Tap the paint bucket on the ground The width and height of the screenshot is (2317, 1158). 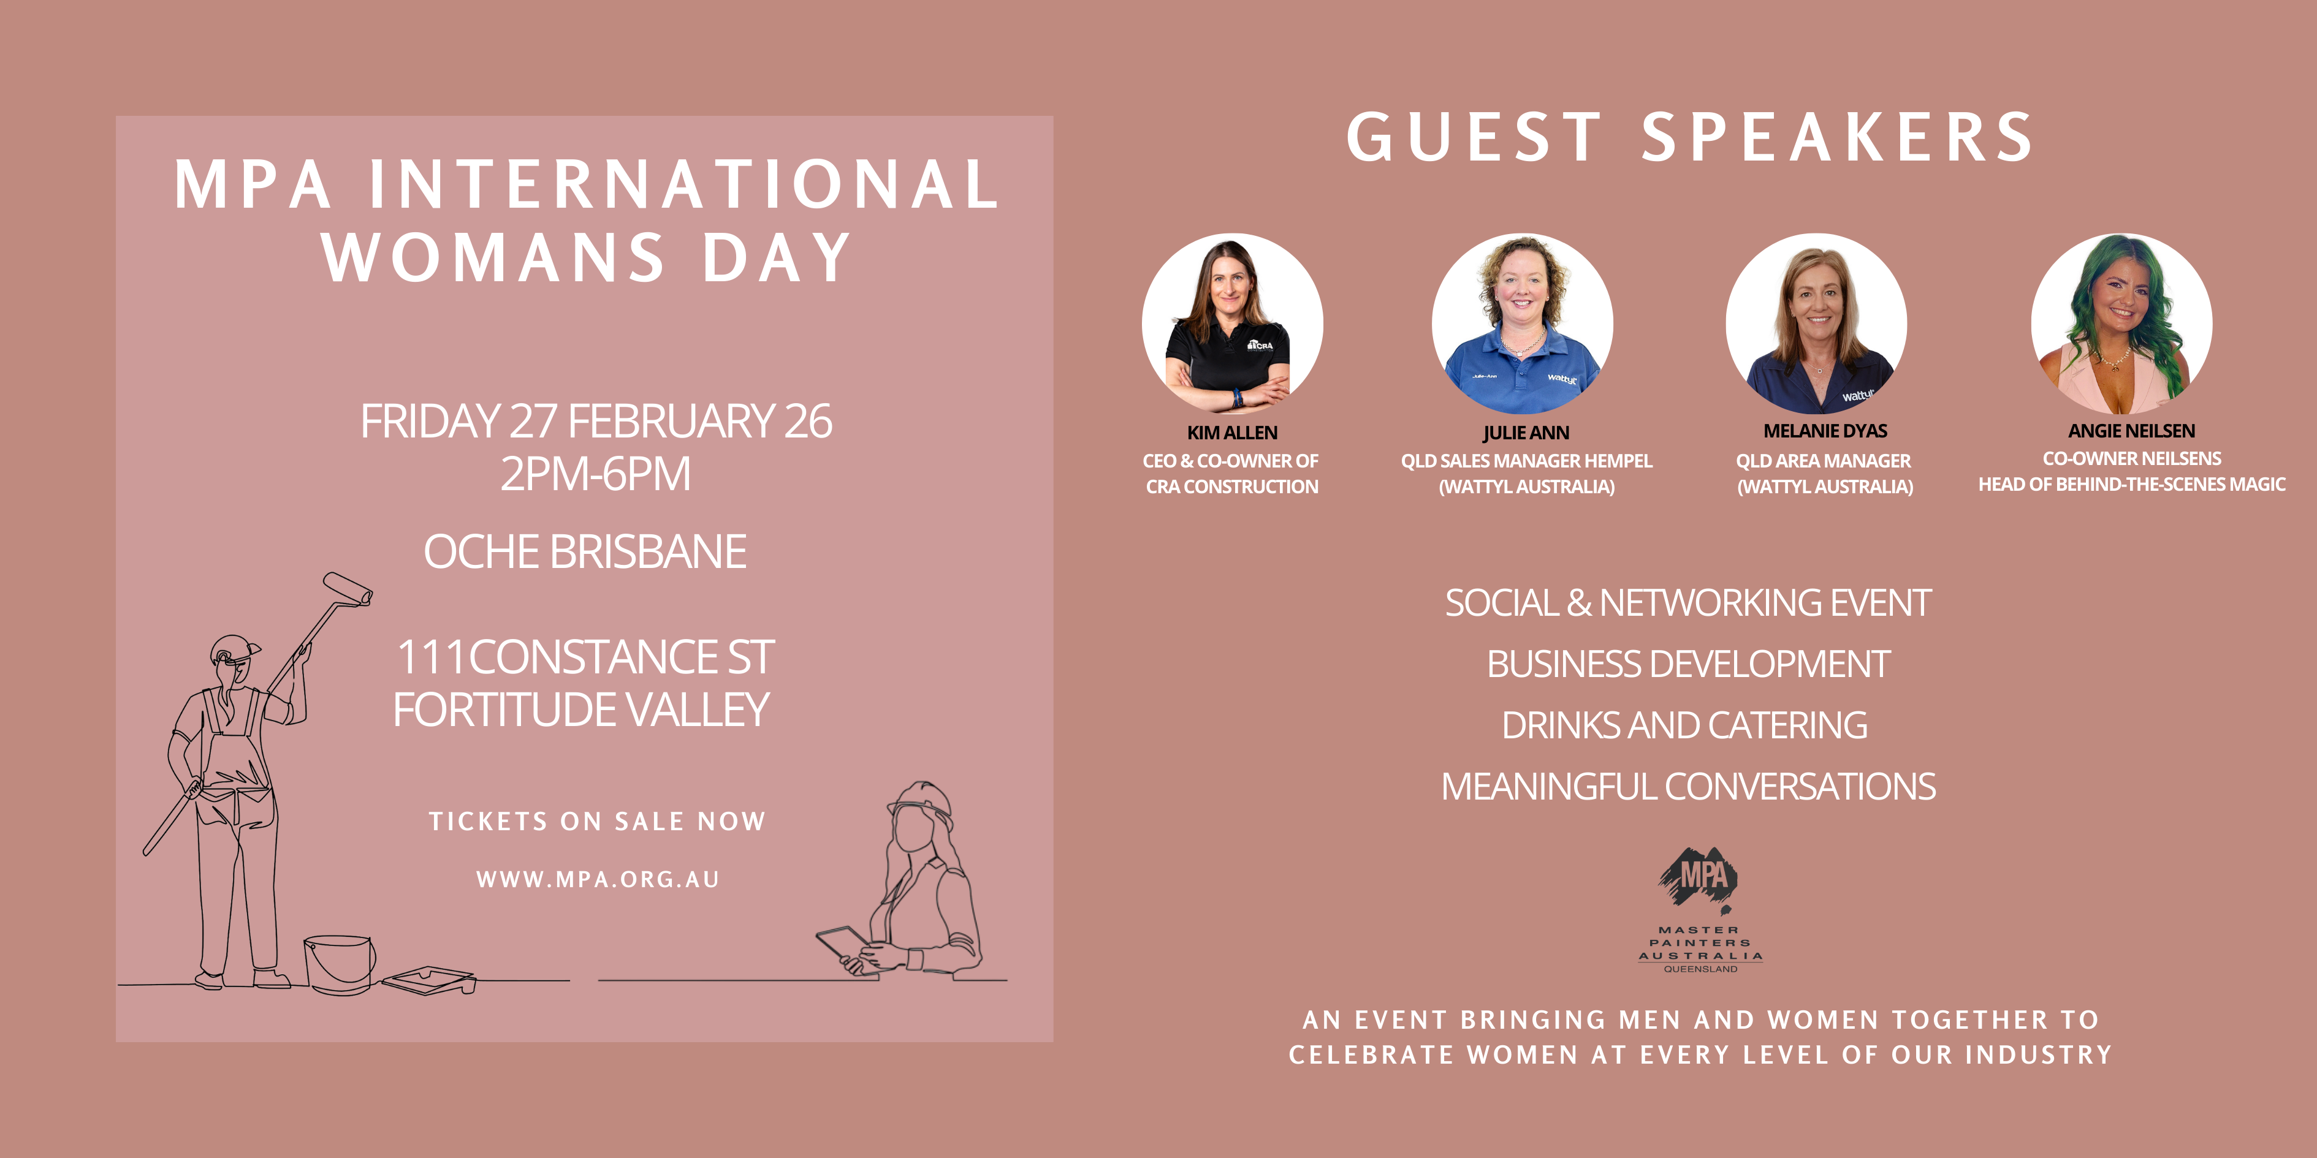coord(340,963)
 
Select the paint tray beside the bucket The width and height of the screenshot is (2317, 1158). coord(429,980)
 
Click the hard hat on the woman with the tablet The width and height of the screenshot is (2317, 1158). coord(921,803)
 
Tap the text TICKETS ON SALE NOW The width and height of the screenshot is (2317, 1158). coord(597,821)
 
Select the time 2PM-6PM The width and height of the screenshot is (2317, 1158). coord(595,474)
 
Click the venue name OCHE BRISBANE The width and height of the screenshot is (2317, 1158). coord(585,551)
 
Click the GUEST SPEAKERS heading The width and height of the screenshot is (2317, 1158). coord(1690,138)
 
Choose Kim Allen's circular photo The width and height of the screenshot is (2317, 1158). coord(1232,324)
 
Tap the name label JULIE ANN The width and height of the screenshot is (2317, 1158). coord(1526,433)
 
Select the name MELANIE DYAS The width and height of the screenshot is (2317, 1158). coord(1825,431)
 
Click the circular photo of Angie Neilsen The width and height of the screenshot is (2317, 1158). coord(2121,324)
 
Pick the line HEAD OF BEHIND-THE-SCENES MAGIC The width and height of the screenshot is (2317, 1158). coord(2132,485)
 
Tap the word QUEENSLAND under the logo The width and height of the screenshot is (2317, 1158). coord(1700,969)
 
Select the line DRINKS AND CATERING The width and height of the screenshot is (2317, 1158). coord(1684,725)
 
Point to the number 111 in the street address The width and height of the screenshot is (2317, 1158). coord(432,657)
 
